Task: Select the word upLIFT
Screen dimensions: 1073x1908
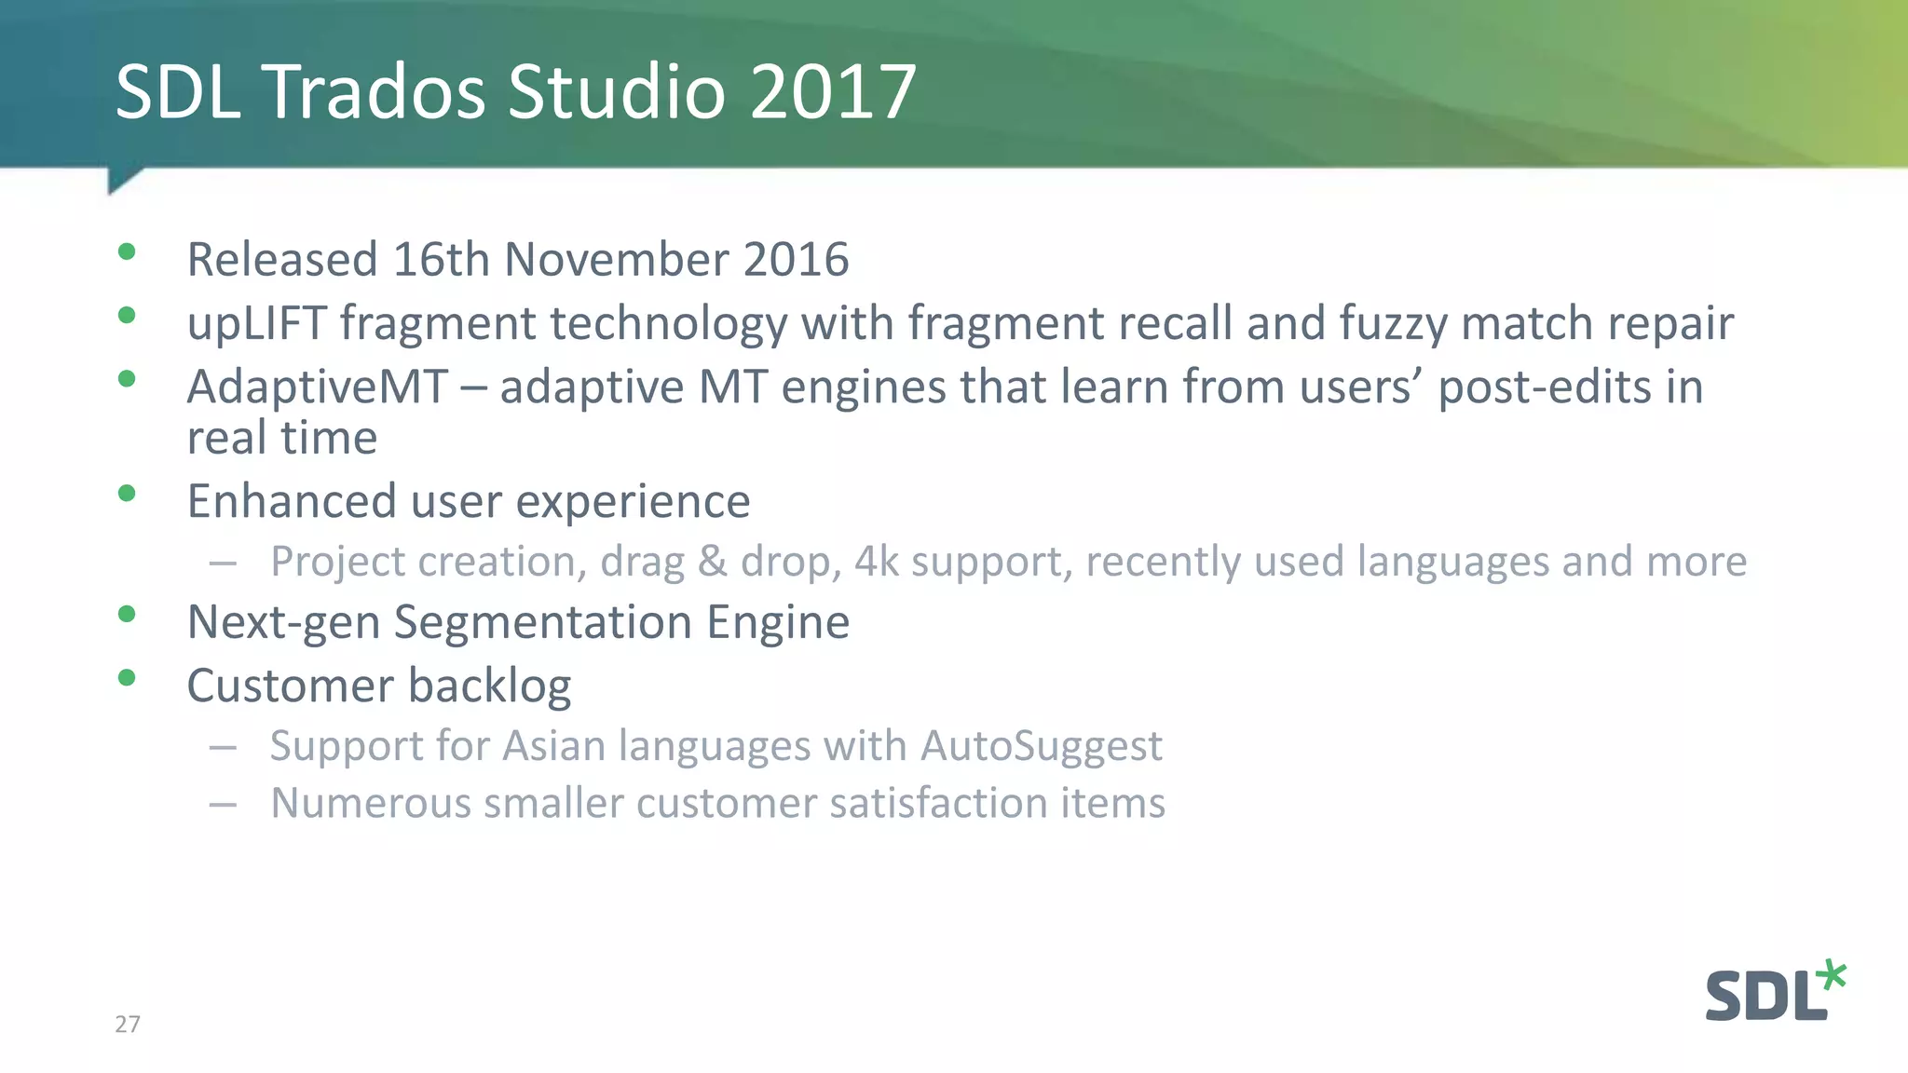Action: point(256,324)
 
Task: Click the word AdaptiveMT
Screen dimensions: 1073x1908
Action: point(318,387)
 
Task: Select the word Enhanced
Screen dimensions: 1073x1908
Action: point(292,501)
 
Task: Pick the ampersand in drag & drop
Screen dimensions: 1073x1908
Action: point(712,562)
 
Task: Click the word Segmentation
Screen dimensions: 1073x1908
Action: point(543,622)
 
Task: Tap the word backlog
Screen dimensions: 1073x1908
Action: point(489,686)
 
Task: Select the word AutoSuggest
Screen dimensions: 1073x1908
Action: point(1042,746)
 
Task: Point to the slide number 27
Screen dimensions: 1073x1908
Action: point(128,1025)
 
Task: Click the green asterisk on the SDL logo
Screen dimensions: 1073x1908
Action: point(1831,976)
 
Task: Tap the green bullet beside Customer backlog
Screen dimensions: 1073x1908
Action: point(128,677)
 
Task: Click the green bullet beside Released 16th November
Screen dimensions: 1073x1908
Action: point(128,251)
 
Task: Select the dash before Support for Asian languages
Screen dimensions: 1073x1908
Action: point(223,747)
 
